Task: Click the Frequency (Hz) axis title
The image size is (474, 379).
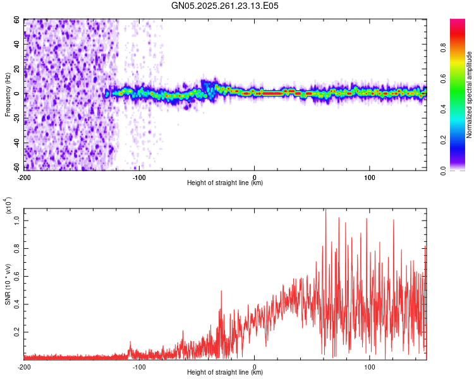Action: pos(8,95)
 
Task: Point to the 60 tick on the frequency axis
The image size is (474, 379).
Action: pos(18,20)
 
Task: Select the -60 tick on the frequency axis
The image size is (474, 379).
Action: pos(16,169)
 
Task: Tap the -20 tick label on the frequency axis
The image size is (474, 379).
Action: pos(16,119)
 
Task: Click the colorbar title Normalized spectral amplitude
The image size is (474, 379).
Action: pos(470,95)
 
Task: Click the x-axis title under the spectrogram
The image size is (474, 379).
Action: pos(225,183)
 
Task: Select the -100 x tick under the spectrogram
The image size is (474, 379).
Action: pos(139,177)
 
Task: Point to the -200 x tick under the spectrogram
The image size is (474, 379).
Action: pos(24,177)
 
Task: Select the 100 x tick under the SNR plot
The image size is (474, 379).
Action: pos(370,366)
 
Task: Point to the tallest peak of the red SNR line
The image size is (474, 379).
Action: pos(325,211)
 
